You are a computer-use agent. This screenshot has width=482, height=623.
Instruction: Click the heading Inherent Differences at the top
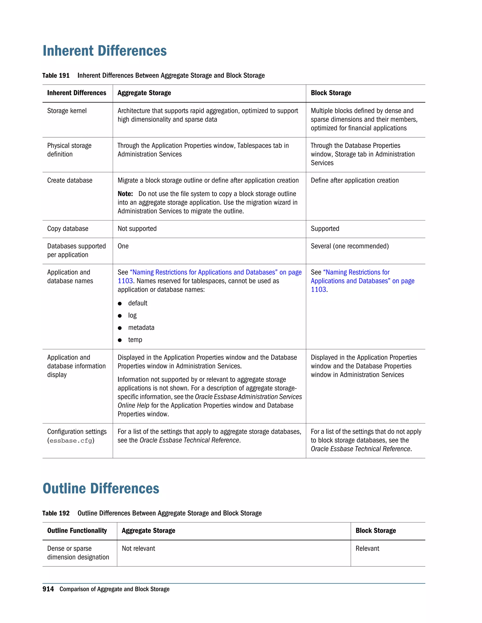(104, 51)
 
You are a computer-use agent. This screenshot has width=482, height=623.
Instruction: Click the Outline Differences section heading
(101, 488)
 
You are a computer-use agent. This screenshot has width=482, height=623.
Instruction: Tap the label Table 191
(56, 76)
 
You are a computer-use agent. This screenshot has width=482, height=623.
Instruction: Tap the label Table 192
(56, 513)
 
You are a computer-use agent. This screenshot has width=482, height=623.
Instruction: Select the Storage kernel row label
(67, 111)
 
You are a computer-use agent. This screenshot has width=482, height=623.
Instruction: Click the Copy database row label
(68, 229)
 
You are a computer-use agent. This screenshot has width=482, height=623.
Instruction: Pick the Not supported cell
(137, 229)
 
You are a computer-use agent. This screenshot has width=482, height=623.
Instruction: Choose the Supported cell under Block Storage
(325, 229)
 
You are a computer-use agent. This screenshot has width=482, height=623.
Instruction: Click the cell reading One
(123, 246)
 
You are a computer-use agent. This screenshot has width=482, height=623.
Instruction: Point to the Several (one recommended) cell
(350, 246)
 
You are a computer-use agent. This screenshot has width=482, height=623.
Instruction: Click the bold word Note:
(125, 194)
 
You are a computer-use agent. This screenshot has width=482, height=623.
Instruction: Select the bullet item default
(138, 303)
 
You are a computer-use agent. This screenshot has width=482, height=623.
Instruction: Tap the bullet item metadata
(141, 327)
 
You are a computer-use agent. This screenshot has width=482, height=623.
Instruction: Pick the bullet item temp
(135, 340)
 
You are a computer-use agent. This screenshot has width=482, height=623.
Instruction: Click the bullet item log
(132, 315)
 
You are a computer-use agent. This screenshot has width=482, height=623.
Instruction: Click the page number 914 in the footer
(48, 589)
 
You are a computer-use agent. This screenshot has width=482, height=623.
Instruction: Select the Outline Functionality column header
(77, 531)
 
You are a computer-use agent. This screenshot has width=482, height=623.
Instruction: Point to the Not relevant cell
(138, 548)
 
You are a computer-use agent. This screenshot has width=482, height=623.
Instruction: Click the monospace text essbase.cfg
(71, 441)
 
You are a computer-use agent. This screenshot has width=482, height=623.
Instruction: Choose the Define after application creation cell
(355, 180)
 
